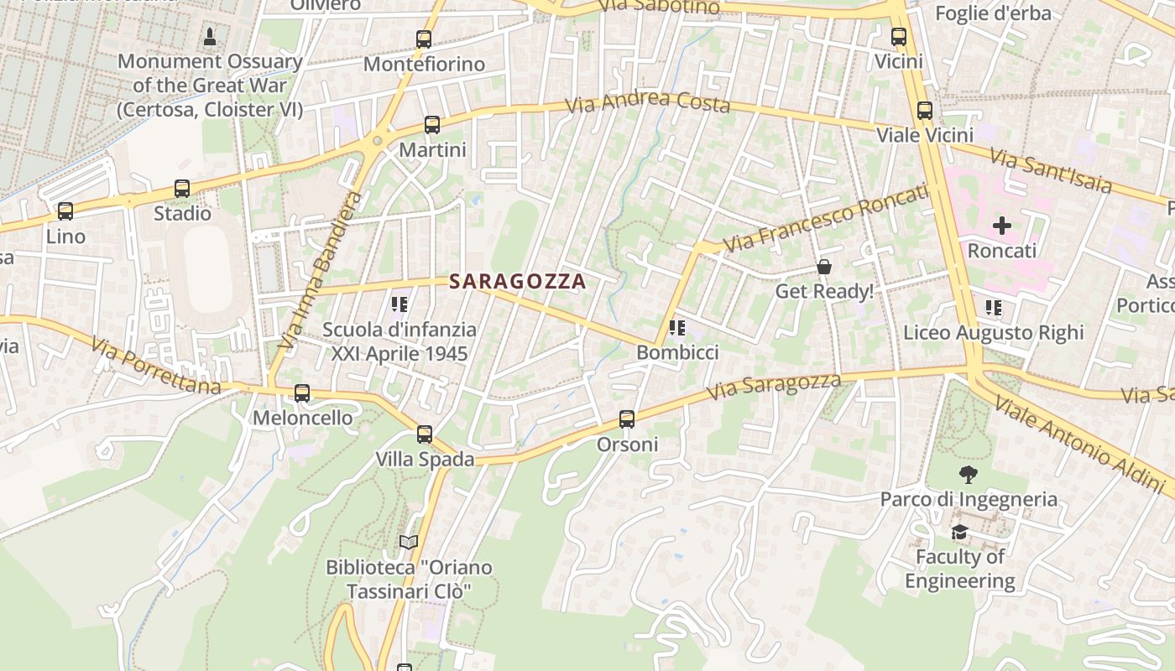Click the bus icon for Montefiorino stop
click(424, 39)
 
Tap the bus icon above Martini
click(432, 125)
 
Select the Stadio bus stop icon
click(182, 189)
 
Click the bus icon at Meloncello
click(302, 393)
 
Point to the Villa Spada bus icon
click(425, 434)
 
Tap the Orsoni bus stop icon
click(627, 419)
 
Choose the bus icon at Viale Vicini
click(925, 111)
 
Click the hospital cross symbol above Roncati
click(1002, 226)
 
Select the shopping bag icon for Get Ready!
click(824, 267)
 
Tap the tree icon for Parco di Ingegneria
click(969, 475)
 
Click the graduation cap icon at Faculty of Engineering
click(959, 533)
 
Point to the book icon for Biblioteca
click(409, 543)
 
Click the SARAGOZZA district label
click(517, 282)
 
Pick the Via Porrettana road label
click(156, 367)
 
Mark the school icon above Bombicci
click(677, 328)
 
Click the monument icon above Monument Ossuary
click(209, 37)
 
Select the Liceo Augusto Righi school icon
click(994, 308)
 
